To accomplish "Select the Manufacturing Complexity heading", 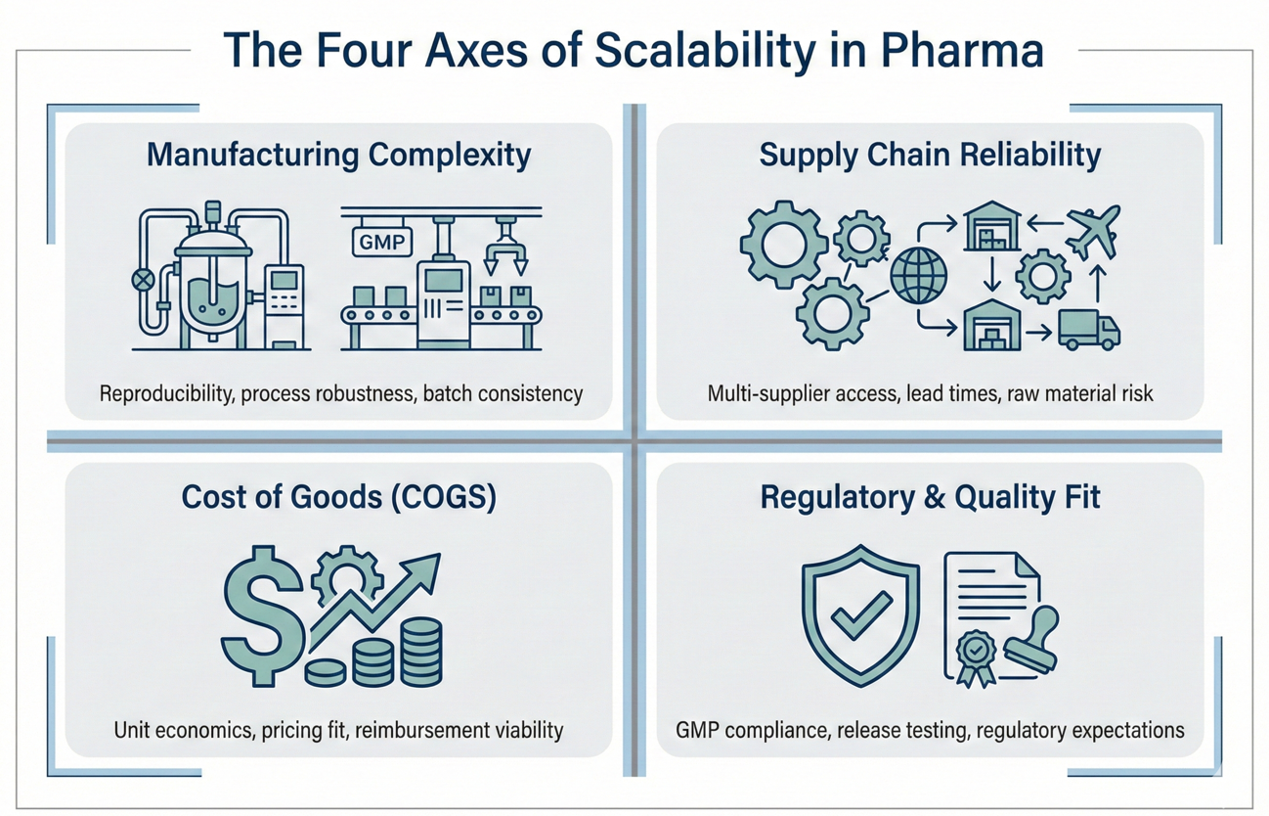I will tap(338, 155).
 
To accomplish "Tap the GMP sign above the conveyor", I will tap(382, 242).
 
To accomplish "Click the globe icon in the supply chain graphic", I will tap(918, 273).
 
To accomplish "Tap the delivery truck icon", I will tap(1088, 330).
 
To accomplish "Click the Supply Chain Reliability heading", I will tap(930, 155).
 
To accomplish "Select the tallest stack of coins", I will tap(421, 652).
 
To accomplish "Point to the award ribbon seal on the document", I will tap(976, 653).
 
